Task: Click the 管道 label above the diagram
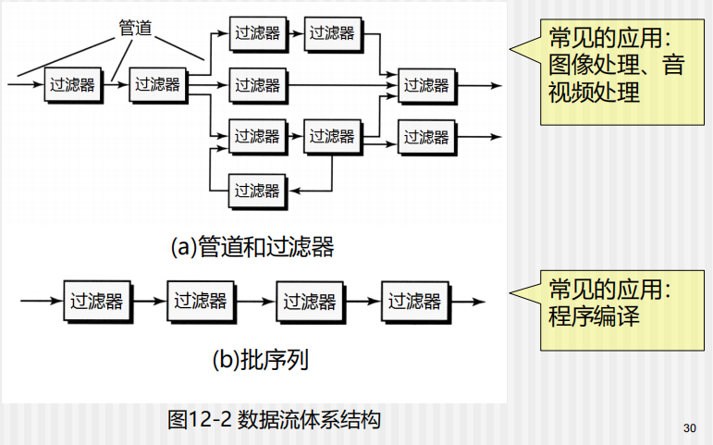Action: point(135,28)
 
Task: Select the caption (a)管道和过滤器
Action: point(252,247)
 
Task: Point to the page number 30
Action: point(689,427)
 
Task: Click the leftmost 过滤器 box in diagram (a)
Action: point(71,85)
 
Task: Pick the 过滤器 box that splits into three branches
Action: point(157,84)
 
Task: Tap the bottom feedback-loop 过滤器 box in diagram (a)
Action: point(257,191)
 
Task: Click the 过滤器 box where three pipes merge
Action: point(426,85)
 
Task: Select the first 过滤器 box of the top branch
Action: point(257,32)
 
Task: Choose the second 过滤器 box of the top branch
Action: point(332,32)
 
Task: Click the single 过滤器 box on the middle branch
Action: point(257,85)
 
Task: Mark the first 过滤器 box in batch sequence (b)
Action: point(96,301)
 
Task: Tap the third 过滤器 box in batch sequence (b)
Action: point(309,301)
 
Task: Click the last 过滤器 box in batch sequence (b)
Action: point(413,301)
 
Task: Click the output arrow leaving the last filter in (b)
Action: point(468,301)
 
